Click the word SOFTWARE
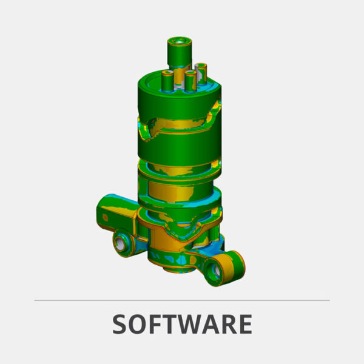click(x=182, y=325)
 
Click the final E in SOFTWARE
click(x=243, y=325)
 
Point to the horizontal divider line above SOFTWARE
click(x=182, y=300)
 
